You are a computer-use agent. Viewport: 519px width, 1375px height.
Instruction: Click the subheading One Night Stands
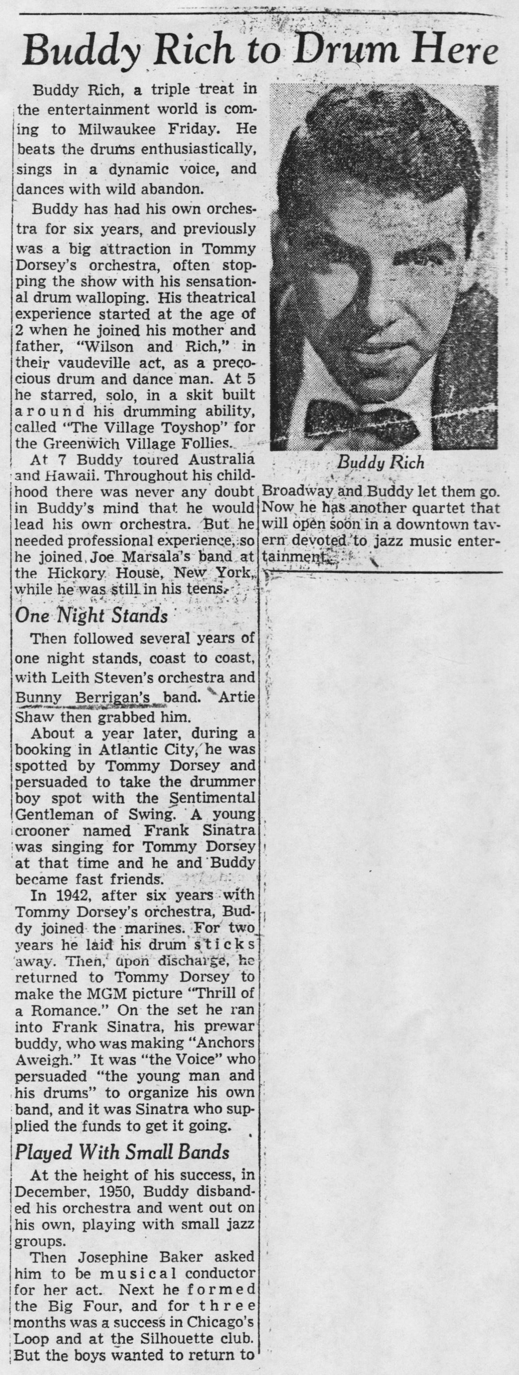coord(91,615)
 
